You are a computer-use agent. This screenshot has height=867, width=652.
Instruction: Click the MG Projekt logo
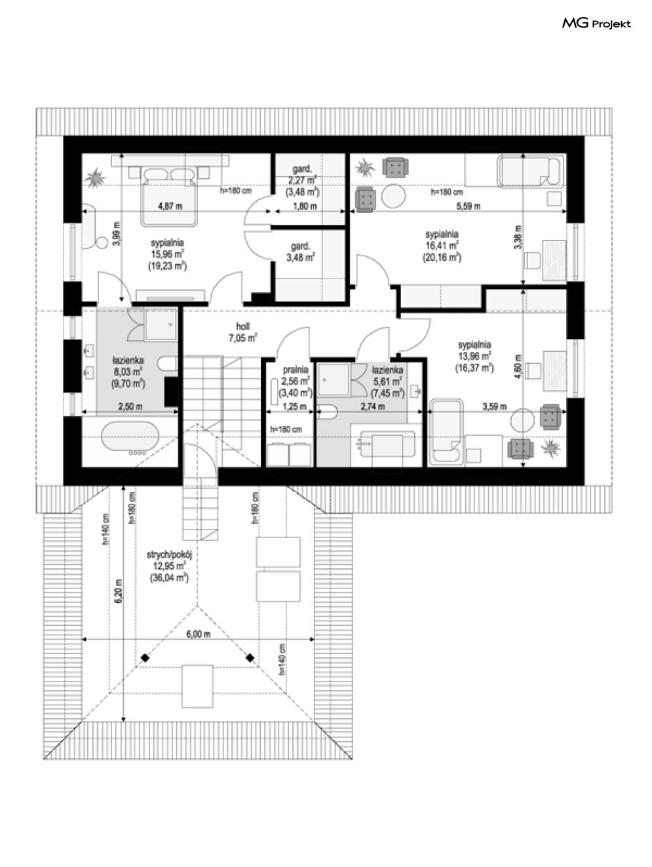tap(596, 24)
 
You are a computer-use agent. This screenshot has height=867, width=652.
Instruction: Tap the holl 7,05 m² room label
tap(243, 332)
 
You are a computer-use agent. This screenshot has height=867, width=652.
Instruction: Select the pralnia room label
tap(296, 370)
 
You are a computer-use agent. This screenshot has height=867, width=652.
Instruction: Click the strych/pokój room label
tap(169, 554)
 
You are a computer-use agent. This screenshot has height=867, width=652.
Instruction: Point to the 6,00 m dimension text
tap(199, 634)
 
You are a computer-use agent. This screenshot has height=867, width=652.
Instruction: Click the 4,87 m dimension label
tap(170, 206)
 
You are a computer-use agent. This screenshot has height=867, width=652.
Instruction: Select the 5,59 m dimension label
tap(469, 206)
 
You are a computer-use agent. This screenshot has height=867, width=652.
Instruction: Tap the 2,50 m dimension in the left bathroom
tap(130, 406)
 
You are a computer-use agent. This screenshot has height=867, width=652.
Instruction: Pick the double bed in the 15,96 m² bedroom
tap(169, 197)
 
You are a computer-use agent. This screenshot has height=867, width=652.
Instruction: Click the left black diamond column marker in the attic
tap(145, 658)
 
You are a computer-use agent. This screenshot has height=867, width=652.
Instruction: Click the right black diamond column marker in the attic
tap(250, 658)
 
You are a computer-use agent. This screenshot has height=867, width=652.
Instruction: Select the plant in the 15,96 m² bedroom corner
tap(95, 178)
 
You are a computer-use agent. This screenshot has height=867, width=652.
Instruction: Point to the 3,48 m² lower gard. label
tap(301, 252)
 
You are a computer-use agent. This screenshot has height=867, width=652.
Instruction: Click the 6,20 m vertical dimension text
tap(119, 591)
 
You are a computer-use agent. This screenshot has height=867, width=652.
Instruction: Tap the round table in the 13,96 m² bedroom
tap(522, 420)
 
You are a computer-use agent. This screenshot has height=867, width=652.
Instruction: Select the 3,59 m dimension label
tap(495, 406)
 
